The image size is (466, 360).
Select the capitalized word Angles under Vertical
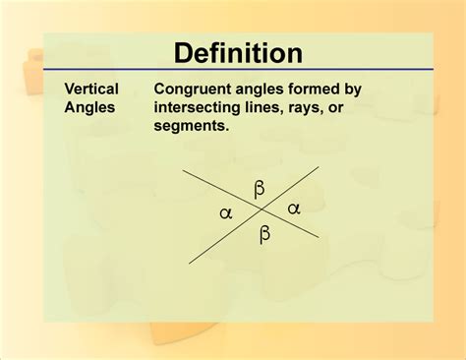(x=88, y=107)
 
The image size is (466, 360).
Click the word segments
(x=192, y=126)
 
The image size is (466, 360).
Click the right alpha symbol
(x=293, y=208)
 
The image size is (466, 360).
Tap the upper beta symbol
(x=260, y=188)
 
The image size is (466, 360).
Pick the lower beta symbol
(x=264, y=233)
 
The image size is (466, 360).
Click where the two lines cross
(x=260, y=210)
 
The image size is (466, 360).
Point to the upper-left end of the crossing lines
(x=183, y=168)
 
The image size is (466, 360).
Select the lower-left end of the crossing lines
(x=191, y=264)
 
